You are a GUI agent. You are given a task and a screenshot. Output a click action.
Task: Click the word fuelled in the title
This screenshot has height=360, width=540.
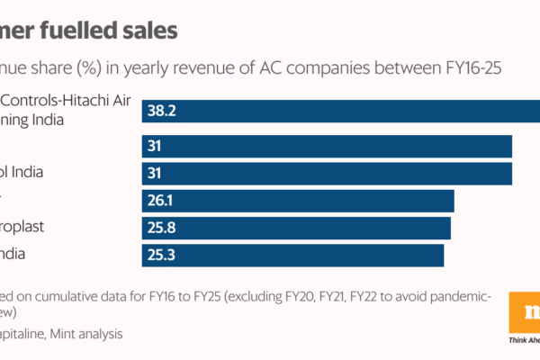[95, 29]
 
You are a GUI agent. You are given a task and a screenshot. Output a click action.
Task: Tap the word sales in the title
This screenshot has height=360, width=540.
[153, 29]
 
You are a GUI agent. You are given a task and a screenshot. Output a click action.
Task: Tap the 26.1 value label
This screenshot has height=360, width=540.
[162, 200]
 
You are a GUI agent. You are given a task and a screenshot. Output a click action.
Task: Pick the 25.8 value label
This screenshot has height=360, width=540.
[163, 228]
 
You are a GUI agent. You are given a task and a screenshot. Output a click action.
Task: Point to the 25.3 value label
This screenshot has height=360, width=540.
[163, 256]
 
